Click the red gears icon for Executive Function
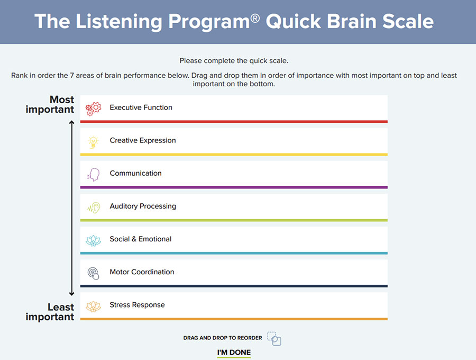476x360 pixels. pyautogui.click(x=94, y=109)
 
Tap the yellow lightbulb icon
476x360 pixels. pyautogui.click(x=94, y=141)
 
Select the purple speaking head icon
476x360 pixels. pyautogui.click(x=94, y=174)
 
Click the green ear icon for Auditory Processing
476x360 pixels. pyautogui.click(x=94, y=207)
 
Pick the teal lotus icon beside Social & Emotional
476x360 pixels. pyautogui.click(x=94, y=240)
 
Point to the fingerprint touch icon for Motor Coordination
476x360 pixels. pyautogui.click(x=94, y=273)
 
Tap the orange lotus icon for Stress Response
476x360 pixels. pyautogui.click(x=94, y=305)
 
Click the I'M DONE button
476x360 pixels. pyautogui.click(x=234, y=353)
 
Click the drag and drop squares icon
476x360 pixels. pyautogui.click(x=274, y=338)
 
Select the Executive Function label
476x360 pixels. pyautogui.click(x=141, y=107)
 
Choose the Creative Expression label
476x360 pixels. pyautogui.click(x=143, y=140)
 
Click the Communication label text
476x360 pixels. pyautogui.click(x=135, y=173)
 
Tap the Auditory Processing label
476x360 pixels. pyautogui.click(x=143, y=206)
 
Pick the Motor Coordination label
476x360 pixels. pyautogui.click(x=142, y=272)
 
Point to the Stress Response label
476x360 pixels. pyautogui.click(x=137, y=304)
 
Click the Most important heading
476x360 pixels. pyautogui.click(x=50, y=104)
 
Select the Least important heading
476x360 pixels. pyautogui.click(x=50, y=312)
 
